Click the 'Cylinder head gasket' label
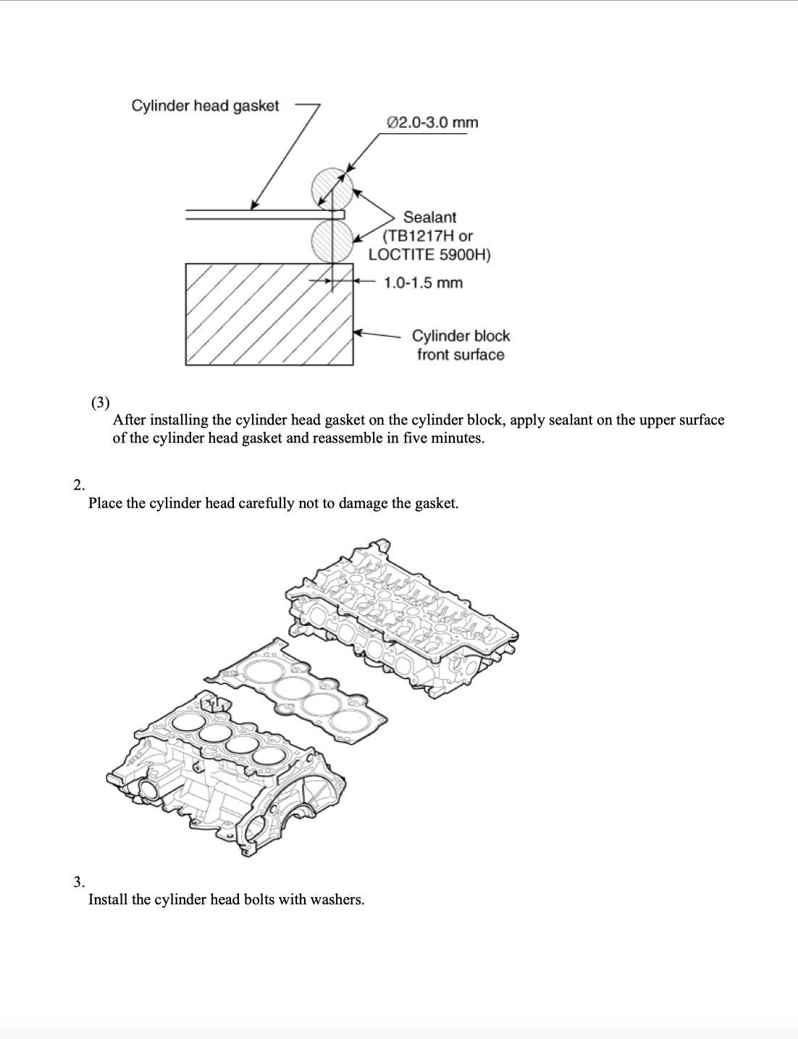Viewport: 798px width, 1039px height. (x=205, y=106)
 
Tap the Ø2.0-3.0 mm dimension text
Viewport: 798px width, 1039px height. (x=433, y=122)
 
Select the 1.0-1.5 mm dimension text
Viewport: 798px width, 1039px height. (x=423, y=283)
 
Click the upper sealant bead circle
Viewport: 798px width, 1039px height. (x=332, y=188)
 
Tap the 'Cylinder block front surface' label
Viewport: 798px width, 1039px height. (x=461, y=345)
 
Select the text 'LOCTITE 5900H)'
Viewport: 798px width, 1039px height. (x=429, y=254)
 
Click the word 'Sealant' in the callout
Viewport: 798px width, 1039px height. (x=429, y=217)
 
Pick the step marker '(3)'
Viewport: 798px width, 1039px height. (x=101, y=402)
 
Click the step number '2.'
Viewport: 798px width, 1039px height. (x=79, y=485)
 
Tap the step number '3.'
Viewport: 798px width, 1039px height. (x=79, y=882)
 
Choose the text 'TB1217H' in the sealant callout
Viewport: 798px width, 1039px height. (x=421, y=235)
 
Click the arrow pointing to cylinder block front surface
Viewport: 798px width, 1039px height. (x=377, y=335)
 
